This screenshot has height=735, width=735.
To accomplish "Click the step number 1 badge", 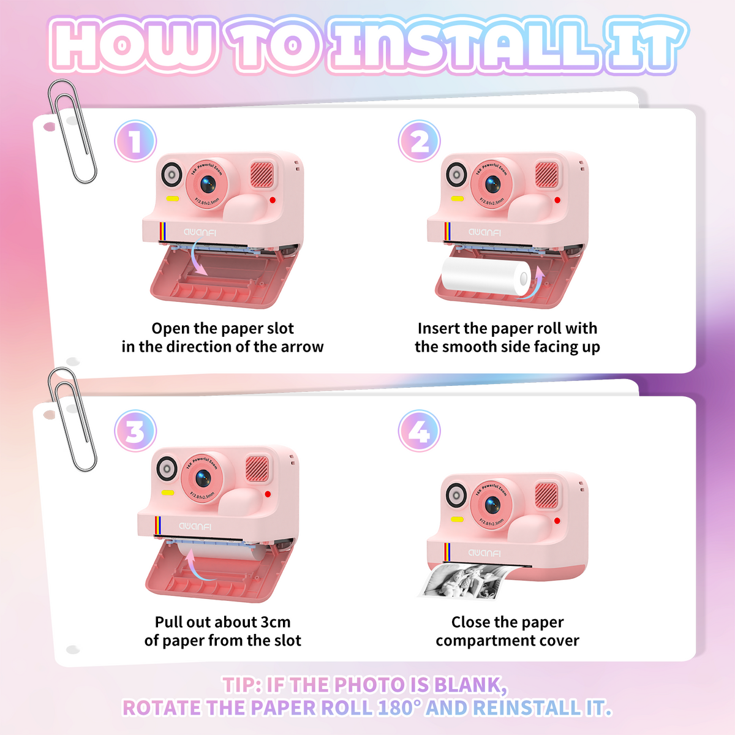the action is pyautogui.click(x=135, y=141).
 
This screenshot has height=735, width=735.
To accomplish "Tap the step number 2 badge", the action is pyautogui.click(x=419, y=141).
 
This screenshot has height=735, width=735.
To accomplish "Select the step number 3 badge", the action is pyautogui.click(x=135, y=431).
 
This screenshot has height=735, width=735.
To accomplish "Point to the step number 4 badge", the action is pyautogui.click(x=419, y=431).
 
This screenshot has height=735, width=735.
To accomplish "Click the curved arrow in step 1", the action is pyautogui.click(x=197, y=256).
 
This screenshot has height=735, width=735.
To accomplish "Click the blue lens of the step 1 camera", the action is pyautogui.click(x=208, y=184).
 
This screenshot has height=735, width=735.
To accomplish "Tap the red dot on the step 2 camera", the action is pyautogui.click(x=557, y=200).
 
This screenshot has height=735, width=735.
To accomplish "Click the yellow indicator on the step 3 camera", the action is pyautogui.click(x=168, y=492).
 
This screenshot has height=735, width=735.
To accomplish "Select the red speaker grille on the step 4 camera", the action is pyautogui.click(x=546, y=496).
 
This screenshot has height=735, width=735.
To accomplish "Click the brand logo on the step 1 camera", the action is pyautogui.click(x=200, y=232).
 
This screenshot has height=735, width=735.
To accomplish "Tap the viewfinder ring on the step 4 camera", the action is pyautogui.click(x=456, y=495).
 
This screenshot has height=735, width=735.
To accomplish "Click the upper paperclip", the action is pyautogui.click(x=72, y=131).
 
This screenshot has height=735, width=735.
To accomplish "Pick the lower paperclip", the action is pyautogui.click(x=72, y=419).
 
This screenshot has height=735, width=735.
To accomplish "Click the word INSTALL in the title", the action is pyautogui.click(x=466, y=45).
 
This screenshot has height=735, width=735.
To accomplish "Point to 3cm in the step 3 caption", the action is pyautogui.click(x=276, y=622).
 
